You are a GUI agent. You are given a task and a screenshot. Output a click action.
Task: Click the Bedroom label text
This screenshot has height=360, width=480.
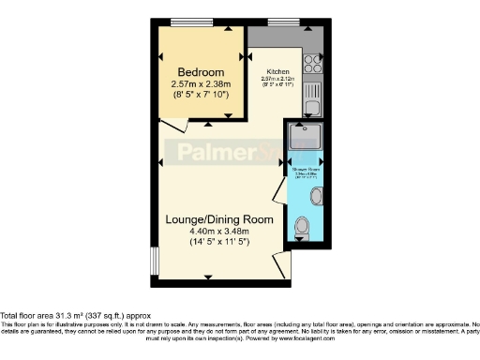(201, 72)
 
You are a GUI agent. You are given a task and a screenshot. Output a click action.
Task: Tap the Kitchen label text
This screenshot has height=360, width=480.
(278, 71)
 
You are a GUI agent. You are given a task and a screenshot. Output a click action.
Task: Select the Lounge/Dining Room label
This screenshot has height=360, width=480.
(219, 219)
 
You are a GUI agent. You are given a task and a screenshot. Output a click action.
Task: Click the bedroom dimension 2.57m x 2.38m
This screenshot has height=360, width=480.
(201, 83)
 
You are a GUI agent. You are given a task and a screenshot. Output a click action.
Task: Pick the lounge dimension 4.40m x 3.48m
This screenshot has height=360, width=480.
(219, 231)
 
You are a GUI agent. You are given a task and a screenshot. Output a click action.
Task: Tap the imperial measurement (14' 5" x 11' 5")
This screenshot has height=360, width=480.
(219, 242)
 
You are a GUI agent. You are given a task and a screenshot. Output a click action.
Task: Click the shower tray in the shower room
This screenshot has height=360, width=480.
(306, 138)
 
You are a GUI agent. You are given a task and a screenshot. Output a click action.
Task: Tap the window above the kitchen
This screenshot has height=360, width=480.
(281, 22)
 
